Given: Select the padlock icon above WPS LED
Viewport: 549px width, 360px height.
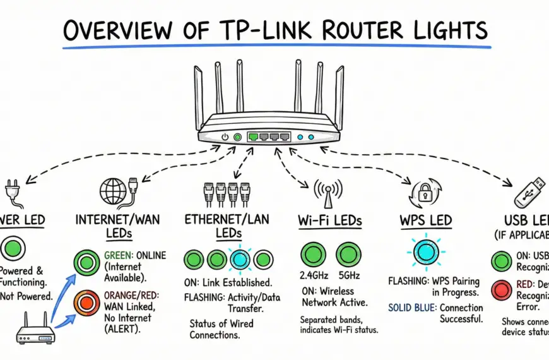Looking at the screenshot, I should point(425,193).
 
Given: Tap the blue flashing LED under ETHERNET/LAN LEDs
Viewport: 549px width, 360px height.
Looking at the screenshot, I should point(240,260).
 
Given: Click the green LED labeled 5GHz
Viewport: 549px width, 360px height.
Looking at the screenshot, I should point(348,255).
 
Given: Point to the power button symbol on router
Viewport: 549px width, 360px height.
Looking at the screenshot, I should point(225,136).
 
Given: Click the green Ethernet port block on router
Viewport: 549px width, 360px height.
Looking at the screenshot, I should point(269,136).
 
